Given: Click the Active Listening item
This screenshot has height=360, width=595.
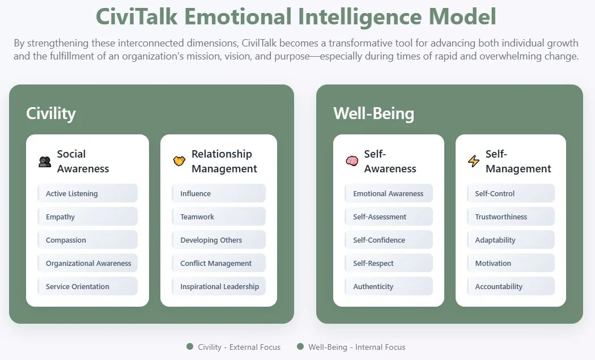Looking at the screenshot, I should click(87, 193).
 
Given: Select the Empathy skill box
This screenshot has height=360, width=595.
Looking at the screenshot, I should click(87, 217).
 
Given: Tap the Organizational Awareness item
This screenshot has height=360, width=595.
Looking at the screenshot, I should click(87, 263).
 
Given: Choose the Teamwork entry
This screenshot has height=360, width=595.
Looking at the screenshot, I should click(219, 217).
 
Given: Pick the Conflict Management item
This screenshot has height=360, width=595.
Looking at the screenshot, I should click(219, 263).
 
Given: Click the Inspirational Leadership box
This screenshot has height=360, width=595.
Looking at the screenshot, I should click(219, 286).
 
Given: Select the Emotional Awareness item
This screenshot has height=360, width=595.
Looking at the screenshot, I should click(388, 193).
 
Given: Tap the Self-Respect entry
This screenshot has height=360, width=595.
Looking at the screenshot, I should click(388, 263).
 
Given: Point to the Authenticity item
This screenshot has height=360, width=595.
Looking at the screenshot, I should click(388, 286).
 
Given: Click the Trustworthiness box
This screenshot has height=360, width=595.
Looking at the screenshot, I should click(511, 217).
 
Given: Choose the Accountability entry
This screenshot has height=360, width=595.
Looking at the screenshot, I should click(511, 286).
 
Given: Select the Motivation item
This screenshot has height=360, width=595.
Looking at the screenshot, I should click(511, 263).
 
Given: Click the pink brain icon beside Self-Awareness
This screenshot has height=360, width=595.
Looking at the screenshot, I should click(352, 162).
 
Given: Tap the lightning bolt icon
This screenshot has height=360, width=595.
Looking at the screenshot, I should click(474, 162).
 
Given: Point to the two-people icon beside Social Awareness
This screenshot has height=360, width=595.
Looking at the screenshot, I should click(45, 162).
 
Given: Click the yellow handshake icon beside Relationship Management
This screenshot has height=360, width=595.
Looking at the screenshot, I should click(179, 162).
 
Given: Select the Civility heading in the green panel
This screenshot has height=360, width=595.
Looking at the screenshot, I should click(51, 113).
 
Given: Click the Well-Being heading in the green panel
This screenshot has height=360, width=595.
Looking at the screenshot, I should click(373, 113).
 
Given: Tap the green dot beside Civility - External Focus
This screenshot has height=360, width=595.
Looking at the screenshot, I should click(190, 346).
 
